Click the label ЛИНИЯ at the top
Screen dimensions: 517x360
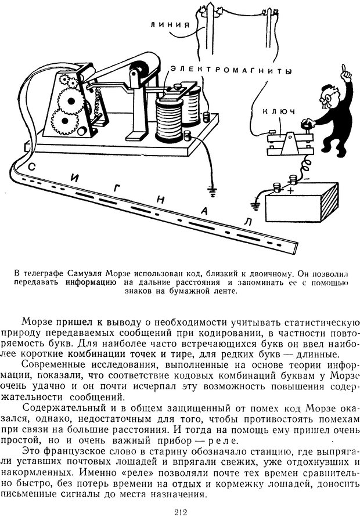tap(168, 24)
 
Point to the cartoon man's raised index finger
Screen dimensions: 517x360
tap(346, 70)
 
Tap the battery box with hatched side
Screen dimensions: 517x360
tap(302, 203)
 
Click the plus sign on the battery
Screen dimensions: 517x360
tap(291, 189)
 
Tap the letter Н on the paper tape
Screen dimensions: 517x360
tap(160, 200)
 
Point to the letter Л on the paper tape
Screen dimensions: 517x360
tap(247, 222)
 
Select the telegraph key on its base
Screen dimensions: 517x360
tap(285, 139)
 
